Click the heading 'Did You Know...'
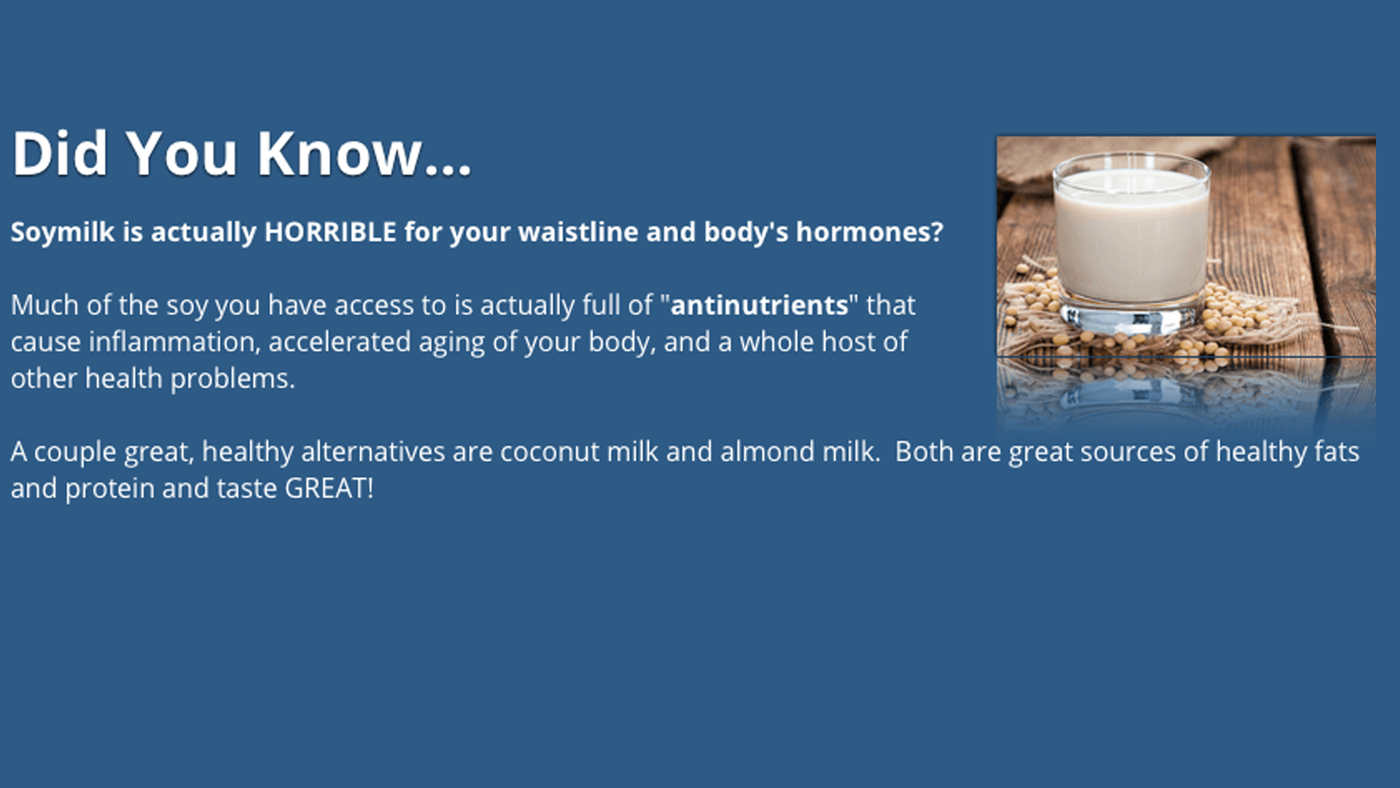click(x=241, y=153)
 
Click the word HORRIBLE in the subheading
click(x=330, y=232)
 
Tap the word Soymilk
click(x=63, y=233)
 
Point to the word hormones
click(x=869, y=232)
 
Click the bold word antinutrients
click(x=759, y=305)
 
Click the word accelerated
click(x=340, y=341)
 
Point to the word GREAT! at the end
click(x=329, y=488)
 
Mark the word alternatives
click(x=373, y=452)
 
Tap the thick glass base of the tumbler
click(x=1131, y=315)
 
